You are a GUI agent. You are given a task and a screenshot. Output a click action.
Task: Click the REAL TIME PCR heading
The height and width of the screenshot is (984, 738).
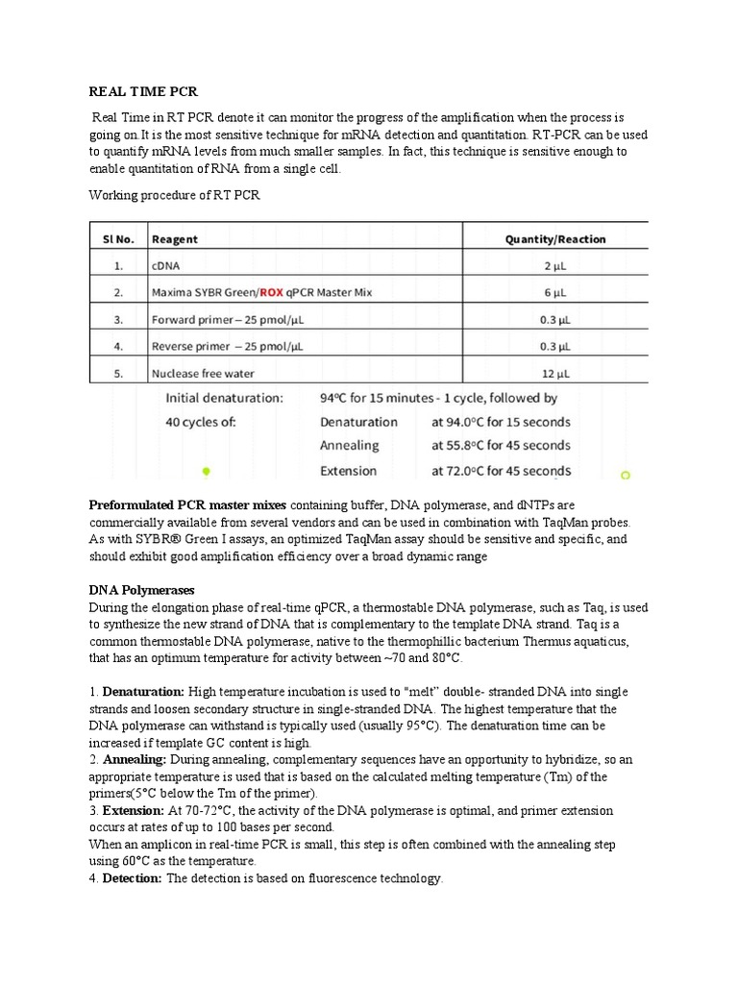click(143, 92)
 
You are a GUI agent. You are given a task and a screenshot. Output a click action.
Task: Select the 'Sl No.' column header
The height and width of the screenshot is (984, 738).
click(118, 238)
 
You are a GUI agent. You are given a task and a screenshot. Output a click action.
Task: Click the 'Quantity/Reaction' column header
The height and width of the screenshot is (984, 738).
click(555, 238)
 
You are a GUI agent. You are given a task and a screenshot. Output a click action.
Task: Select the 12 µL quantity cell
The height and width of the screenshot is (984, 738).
click(556, 373)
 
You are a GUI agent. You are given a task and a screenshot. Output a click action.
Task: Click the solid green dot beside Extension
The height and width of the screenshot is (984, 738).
click(206, 472)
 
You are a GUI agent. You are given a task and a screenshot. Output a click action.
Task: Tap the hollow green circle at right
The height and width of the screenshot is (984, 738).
click(626, 475)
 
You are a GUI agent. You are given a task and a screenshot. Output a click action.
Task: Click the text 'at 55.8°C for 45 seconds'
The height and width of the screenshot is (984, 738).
click(501, 446)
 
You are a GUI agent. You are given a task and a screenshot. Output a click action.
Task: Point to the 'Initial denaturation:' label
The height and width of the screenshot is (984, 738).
click(225, 397)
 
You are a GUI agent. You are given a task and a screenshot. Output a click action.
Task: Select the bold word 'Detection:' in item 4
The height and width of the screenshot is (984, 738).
click(132, 878)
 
